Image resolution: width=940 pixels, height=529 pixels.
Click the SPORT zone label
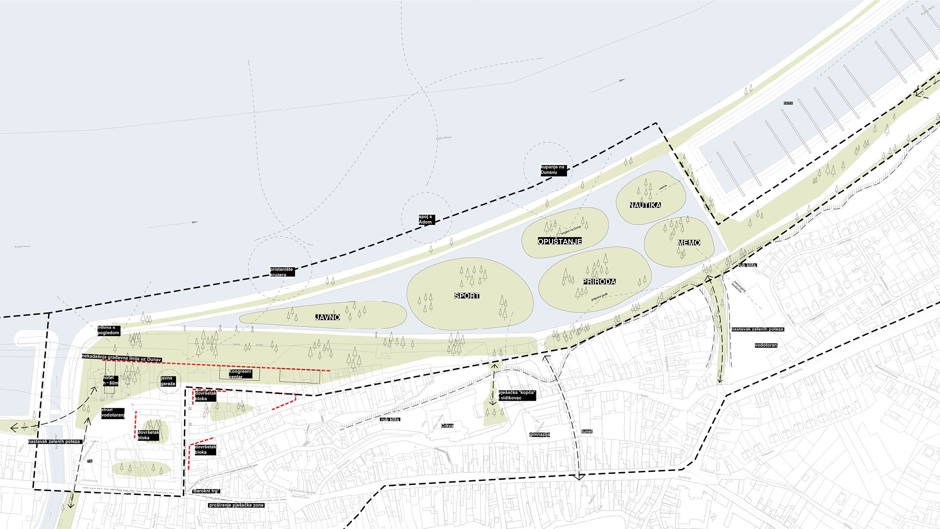[x=467, y=296]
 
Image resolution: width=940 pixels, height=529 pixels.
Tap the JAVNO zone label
[x=327, y=317]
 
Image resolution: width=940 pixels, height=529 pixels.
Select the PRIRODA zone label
[x=599, y=281]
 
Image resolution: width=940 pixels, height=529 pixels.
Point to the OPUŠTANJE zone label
[x=560, y=241]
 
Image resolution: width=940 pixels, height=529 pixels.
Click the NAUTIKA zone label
[x=645, y=205]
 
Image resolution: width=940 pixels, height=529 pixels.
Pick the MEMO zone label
[x=689, y=242]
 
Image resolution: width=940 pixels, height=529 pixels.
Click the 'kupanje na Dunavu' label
[x=553, y=170]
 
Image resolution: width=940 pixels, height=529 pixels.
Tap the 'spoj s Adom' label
[x=426, y=219]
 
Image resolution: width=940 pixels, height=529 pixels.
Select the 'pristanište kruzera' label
[x=282, y=272]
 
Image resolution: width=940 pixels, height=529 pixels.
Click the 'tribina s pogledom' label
[x=108, y=330]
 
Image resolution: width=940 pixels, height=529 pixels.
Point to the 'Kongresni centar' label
[x=240, y=374]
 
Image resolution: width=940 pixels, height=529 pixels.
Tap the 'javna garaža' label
[x=168, y=381]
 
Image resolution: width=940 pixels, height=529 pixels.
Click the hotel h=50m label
[x=111, y=381]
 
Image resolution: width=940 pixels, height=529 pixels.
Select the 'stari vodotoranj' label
[x=113, y=413]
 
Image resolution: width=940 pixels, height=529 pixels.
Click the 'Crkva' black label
[x=447, y=426]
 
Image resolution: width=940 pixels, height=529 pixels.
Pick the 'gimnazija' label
[x=539, y=435]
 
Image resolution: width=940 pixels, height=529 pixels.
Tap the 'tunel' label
[x=587, y=431]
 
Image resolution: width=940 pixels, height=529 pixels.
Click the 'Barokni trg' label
[x=206, y=491]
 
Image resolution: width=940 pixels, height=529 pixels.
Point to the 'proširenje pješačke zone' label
[x=236, y=505]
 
